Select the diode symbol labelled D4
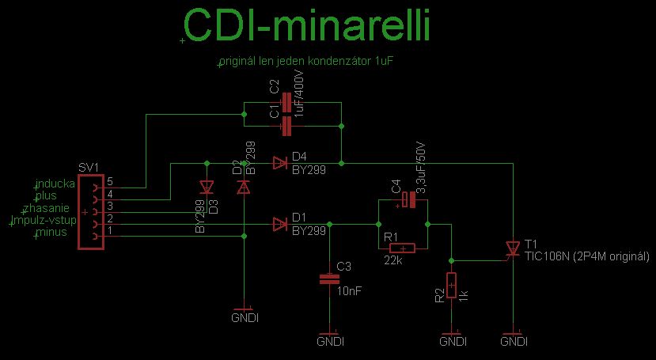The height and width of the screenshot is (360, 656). point(279,163)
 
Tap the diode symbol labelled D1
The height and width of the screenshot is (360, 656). point(279,225)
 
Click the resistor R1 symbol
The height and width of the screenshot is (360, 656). point(403,248)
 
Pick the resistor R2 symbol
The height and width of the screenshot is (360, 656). point(451,285)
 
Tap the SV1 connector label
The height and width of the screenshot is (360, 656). point(89,169)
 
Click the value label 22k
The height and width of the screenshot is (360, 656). point(393,260)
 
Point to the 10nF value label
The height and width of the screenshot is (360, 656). point(349,291)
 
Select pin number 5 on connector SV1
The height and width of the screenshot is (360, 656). point(110,182)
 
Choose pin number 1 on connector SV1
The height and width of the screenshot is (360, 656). point(110,230)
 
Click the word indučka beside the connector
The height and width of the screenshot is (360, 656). point(55,184)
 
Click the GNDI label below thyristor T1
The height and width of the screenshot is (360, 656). point(514,342)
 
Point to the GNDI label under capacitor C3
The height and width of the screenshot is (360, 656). point(330,343)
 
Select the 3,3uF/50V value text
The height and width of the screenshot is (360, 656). point(422,169)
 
